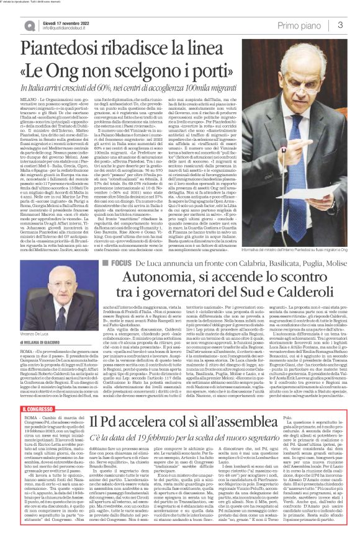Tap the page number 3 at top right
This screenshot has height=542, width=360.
coord(341,24)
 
